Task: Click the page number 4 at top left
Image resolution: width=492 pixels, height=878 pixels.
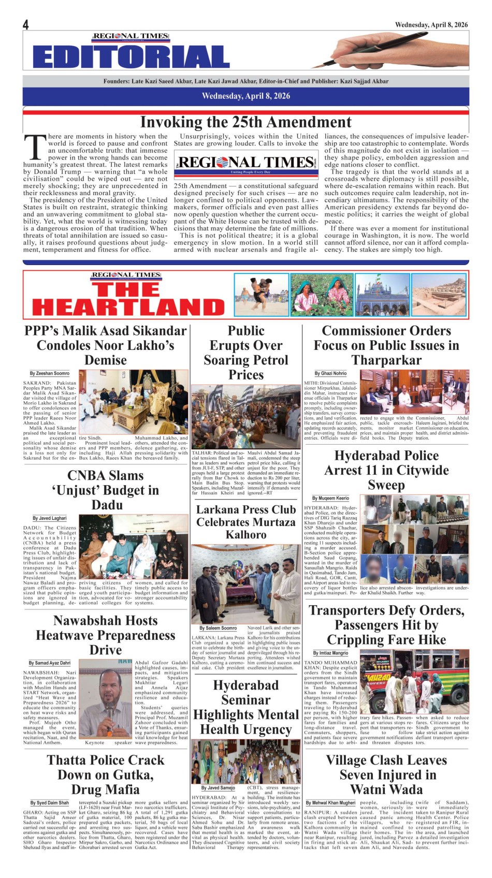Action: [x=26, y=25]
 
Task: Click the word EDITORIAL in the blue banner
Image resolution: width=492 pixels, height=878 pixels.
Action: [x=131, y=57]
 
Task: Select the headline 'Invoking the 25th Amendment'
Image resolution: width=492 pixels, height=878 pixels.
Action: [x=245, y=122]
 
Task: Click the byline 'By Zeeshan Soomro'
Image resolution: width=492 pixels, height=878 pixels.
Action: [x=49, y=373]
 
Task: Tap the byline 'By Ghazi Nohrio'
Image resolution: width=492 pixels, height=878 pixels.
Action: [x=330, y=373]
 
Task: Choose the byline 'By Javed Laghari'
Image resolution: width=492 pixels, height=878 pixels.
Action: [x=50, y=518]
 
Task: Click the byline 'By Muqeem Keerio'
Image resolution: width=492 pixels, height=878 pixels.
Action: [x=330, y=498]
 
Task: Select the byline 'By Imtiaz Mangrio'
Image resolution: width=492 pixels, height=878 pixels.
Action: [x=330, y=653]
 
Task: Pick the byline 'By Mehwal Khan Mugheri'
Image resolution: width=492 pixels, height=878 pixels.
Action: [x=330, y=803]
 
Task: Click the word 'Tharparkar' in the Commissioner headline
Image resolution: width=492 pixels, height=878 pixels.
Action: [x=386, y=360]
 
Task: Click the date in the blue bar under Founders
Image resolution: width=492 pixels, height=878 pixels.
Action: [x=245, y=96]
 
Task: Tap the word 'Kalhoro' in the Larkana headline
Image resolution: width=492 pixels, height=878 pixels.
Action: [x=246, y=535]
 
